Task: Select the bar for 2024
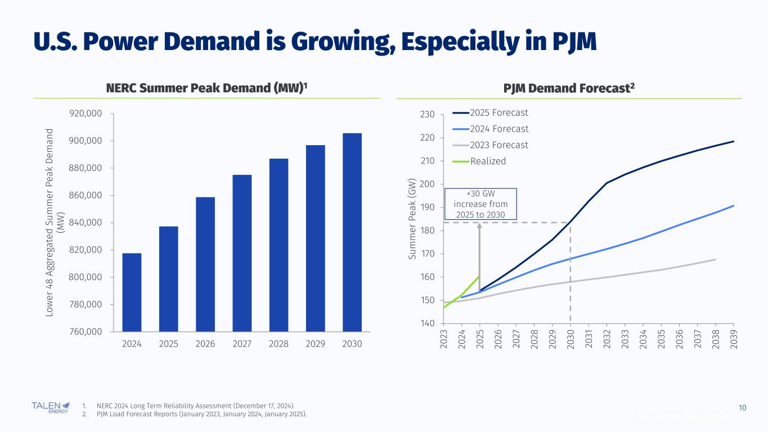(132, 292)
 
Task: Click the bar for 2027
(242, 253)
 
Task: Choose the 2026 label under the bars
(205, 344)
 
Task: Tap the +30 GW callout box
(480, 204)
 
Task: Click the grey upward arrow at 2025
(479, 256)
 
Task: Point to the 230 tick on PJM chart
(428, 115)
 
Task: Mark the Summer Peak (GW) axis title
(413, 219)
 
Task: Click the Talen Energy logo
(51, 407)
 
